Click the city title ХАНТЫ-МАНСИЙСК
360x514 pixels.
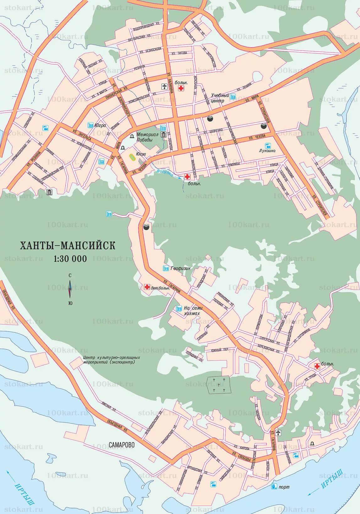[x=67, y=245]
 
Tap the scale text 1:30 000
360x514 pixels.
[x=70, y=259]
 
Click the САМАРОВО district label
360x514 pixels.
[x=122, y=445]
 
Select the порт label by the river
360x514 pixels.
[x=284, y=487]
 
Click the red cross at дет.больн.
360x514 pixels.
[x=147, y=287]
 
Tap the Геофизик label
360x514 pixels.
[x=180, y=268]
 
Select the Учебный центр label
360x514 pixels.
[x=220, y=98]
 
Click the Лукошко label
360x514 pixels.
[x=267, y=151]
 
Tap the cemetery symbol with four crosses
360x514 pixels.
[x=219, y=385]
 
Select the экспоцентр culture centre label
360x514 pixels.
[x=111, y=359]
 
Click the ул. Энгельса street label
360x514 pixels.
[x=82, y=134]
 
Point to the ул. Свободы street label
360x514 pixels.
[x=241, y=457]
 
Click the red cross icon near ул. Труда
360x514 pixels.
[x=317, y=366]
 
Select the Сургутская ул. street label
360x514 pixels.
[x=267, y=340]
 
